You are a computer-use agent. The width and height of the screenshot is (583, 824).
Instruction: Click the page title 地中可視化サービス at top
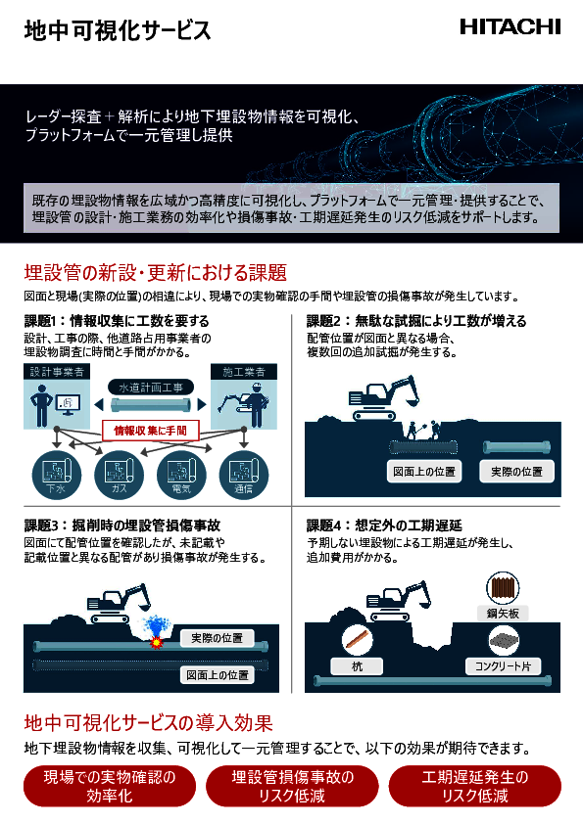[118, 30]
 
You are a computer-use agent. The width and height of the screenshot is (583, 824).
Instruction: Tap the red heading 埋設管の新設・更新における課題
[155, 271]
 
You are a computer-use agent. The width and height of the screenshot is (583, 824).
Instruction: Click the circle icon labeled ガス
[118, 474]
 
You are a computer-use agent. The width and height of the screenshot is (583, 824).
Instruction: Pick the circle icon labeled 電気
[180, 474]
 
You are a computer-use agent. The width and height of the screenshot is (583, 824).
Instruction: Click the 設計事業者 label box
[56, 372]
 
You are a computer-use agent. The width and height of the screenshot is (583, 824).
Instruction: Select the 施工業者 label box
[239, 372]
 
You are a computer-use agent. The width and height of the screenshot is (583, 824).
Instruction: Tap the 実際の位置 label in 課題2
[517, 472]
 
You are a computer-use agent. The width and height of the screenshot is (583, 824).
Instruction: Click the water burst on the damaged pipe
[155, 631]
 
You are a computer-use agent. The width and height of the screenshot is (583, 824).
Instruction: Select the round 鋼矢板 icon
[503, 590]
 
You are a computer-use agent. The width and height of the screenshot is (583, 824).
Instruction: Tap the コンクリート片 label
[503, 666]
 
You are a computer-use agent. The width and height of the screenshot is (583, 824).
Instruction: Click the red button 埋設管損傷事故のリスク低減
[291, 786]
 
